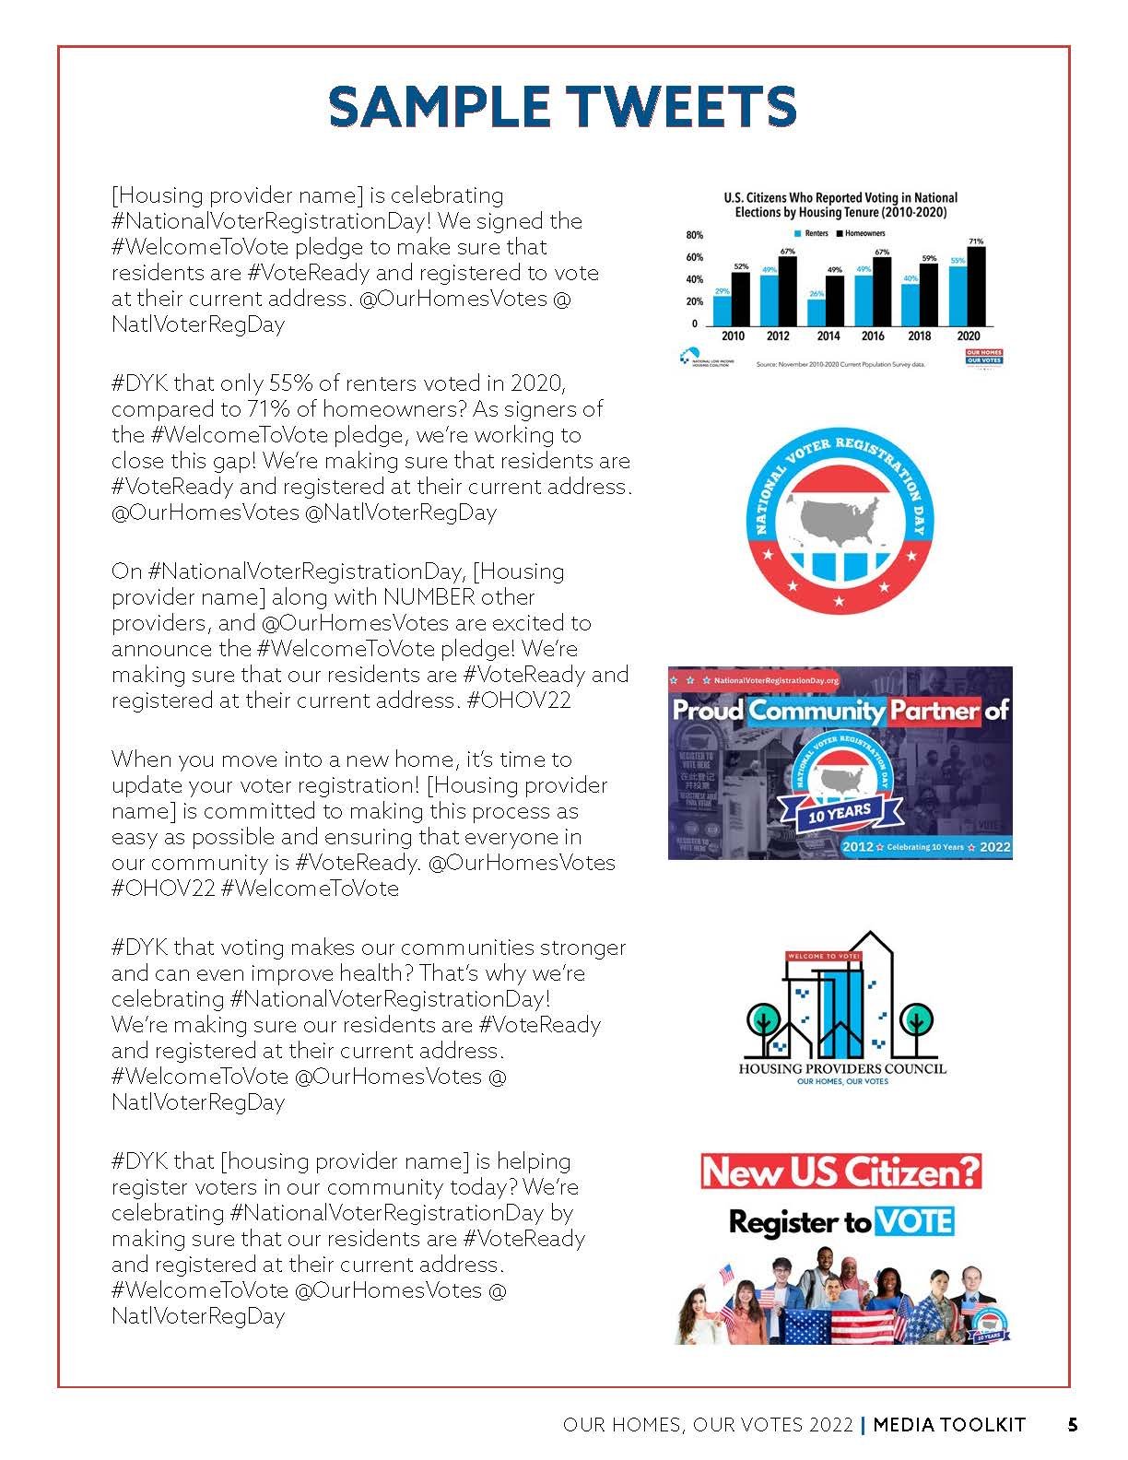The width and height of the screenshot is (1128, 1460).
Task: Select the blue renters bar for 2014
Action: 816,312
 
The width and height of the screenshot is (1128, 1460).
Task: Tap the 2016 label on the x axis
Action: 873,336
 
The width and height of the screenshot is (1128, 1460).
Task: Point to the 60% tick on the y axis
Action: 694,257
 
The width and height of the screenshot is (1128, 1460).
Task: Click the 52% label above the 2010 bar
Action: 741,266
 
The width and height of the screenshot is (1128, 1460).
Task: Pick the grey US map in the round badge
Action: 840,517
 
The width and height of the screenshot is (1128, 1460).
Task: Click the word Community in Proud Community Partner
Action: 816,711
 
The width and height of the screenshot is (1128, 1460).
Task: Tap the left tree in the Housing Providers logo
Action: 764,1023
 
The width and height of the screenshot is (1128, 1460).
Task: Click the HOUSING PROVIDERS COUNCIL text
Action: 842,1069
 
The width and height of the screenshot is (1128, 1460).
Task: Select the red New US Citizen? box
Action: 840,1172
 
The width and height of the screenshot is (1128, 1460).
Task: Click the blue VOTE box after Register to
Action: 913,1222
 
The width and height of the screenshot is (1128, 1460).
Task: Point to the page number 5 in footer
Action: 1073,1425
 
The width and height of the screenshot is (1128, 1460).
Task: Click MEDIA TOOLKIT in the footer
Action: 949,1425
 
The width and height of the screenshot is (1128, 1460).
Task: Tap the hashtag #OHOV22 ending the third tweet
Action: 520,701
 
